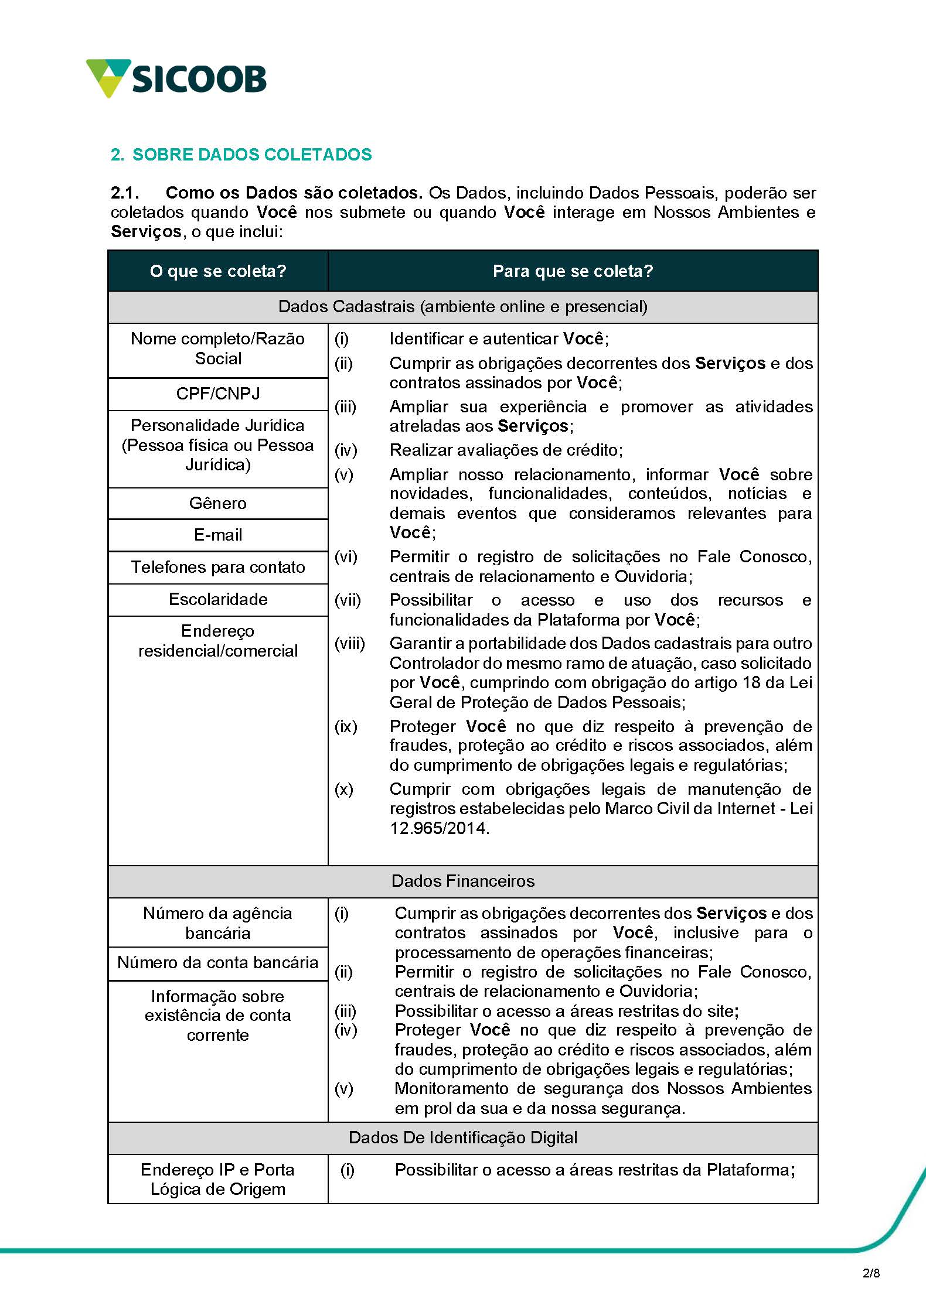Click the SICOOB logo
click(x=176, y=78)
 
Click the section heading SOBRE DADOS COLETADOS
click(x=241, y=155)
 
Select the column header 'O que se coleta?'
click(x=218, y=271)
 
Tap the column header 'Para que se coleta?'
click(x=573, y=271)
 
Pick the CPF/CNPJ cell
click(x=218, y=394)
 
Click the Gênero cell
click(x=218, y=503)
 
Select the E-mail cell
click(x=218, y=535)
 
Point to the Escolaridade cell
click(x=218, y=599)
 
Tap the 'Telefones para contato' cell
click(x=218, y=567)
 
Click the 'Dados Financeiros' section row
click(x=463, y=881)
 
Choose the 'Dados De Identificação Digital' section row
click(x=463, y=1137)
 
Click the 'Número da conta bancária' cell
click(x=218, y=962)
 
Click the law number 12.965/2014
click(x=438, y=828)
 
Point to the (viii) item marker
click(x=349, y=644)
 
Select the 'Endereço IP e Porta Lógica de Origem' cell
click(x=218, y=1179)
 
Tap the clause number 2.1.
click(x=125, y=193)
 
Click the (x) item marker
click(x=344, y=789)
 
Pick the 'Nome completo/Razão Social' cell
click(x=218, y=348)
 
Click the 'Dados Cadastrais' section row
click(x=463, y=306)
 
